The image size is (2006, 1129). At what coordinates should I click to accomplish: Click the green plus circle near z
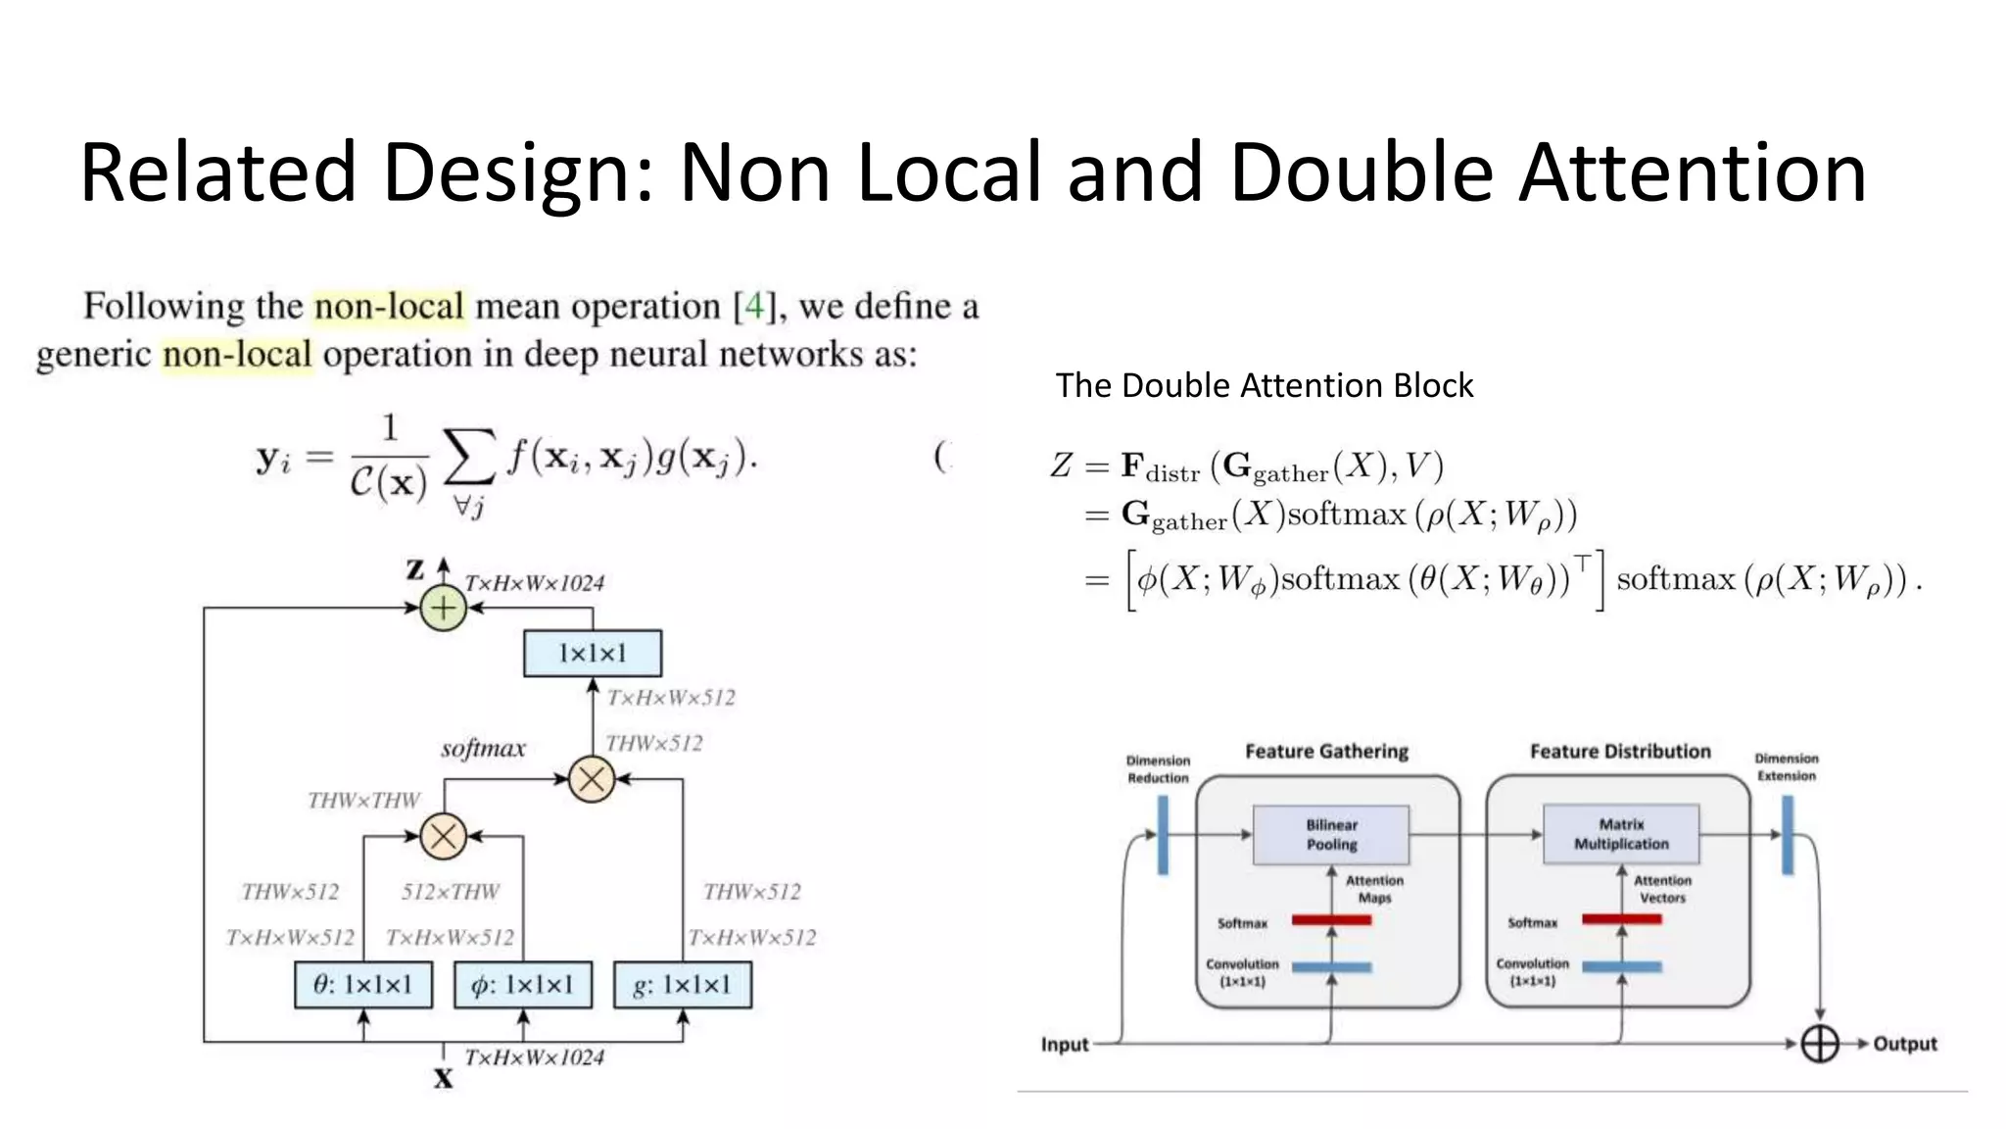tap(443, 608)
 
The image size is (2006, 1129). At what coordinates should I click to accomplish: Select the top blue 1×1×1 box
tap(593, 654)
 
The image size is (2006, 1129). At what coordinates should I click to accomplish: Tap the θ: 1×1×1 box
tap(363, 985)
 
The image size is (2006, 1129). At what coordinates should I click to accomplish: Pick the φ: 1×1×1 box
tap(523, 985)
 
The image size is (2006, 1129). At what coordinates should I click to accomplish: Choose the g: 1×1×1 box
tap(683, 985)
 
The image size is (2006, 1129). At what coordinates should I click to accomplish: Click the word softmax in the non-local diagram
tap(483, 749)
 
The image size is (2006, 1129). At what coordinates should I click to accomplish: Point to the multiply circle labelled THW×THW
tap(443, 837)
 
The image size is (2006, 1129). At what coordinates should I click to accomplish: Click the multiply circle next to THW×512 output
tap(592, 779)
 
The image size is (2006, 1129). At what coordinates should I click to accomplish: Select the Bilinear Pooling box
tap(1331, 835)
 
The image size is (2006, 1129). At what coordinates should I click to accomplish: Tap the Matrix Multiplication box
tap(1621, 834)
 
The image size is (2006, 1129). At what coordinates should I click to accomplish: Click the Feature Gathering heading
tap(1326, 752)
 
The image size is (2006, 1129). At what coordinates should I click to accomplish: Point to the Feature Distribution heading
tap(1620, 752)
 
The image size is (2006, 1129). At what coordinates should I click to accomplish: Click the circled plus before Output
tap(1820, 1044)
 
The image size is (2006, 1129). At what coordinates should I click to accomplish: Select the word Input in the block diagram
tap(1065, 1045)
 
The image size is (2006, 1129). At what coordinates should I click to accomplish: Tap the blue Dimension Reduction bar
tap(1163, 835)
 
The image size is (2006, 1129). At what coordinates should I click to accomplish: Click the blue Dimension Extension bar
tap(1788, 835)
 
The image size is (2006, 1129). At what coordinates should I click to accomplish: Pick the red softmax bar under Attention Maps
tap(1331, 920)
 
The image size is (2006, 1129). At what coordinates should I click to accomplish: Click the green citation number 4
tap(753, 307)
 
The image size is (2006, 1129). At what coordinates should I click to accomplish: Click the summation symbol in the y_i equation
tap(469, 458)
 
